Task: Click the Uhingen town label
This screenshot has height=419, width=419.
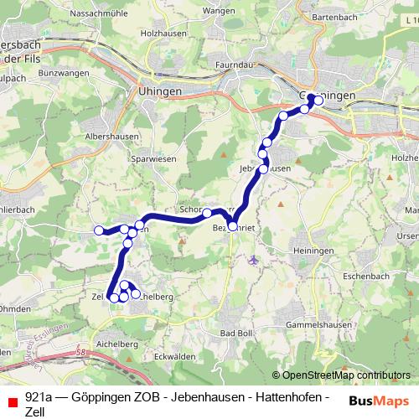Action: tap(154, 93)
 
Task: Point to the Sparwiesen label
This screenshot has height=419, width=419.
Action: tap(143, 157)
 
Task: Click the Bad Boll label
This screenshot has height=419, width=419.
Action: tap(236, 334)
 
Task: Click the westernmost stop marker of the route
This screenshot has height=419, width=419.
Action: tap(99, 230)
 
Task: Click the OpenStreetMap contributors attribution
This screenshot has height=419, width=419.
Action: tap(345, 375)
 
